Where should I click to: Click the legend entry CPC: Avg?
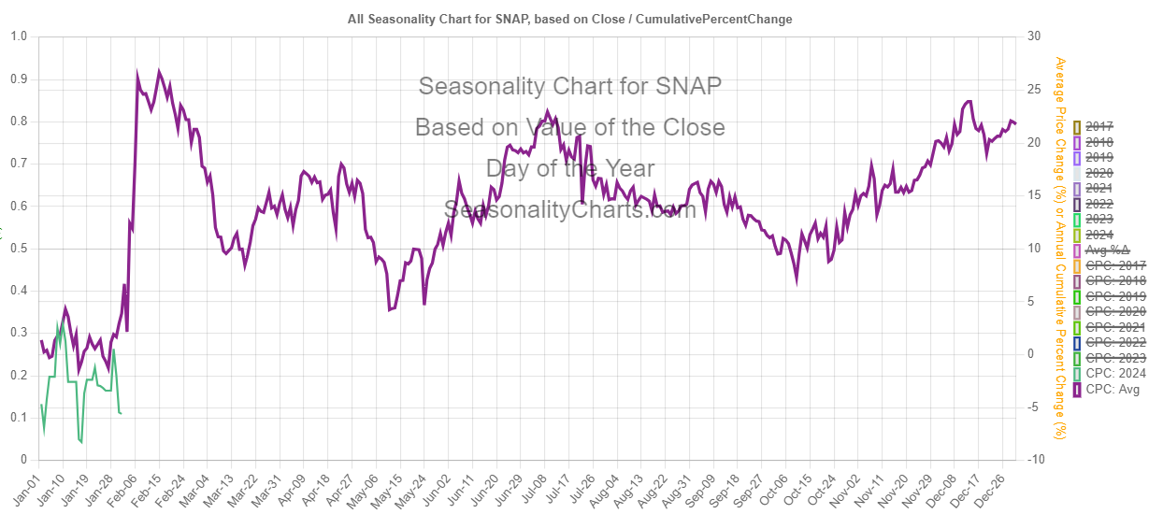pos(1110,391)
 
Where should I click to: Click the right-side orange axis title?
pos(1060,248)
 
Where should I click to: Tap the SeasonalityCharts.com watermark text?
pos(569,209)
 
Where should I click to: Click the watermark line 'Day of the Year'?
pos(569,168)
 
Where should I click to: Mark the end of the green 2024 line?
pos(122,413)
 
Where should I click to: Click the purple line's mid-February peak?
pos(159,71)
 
